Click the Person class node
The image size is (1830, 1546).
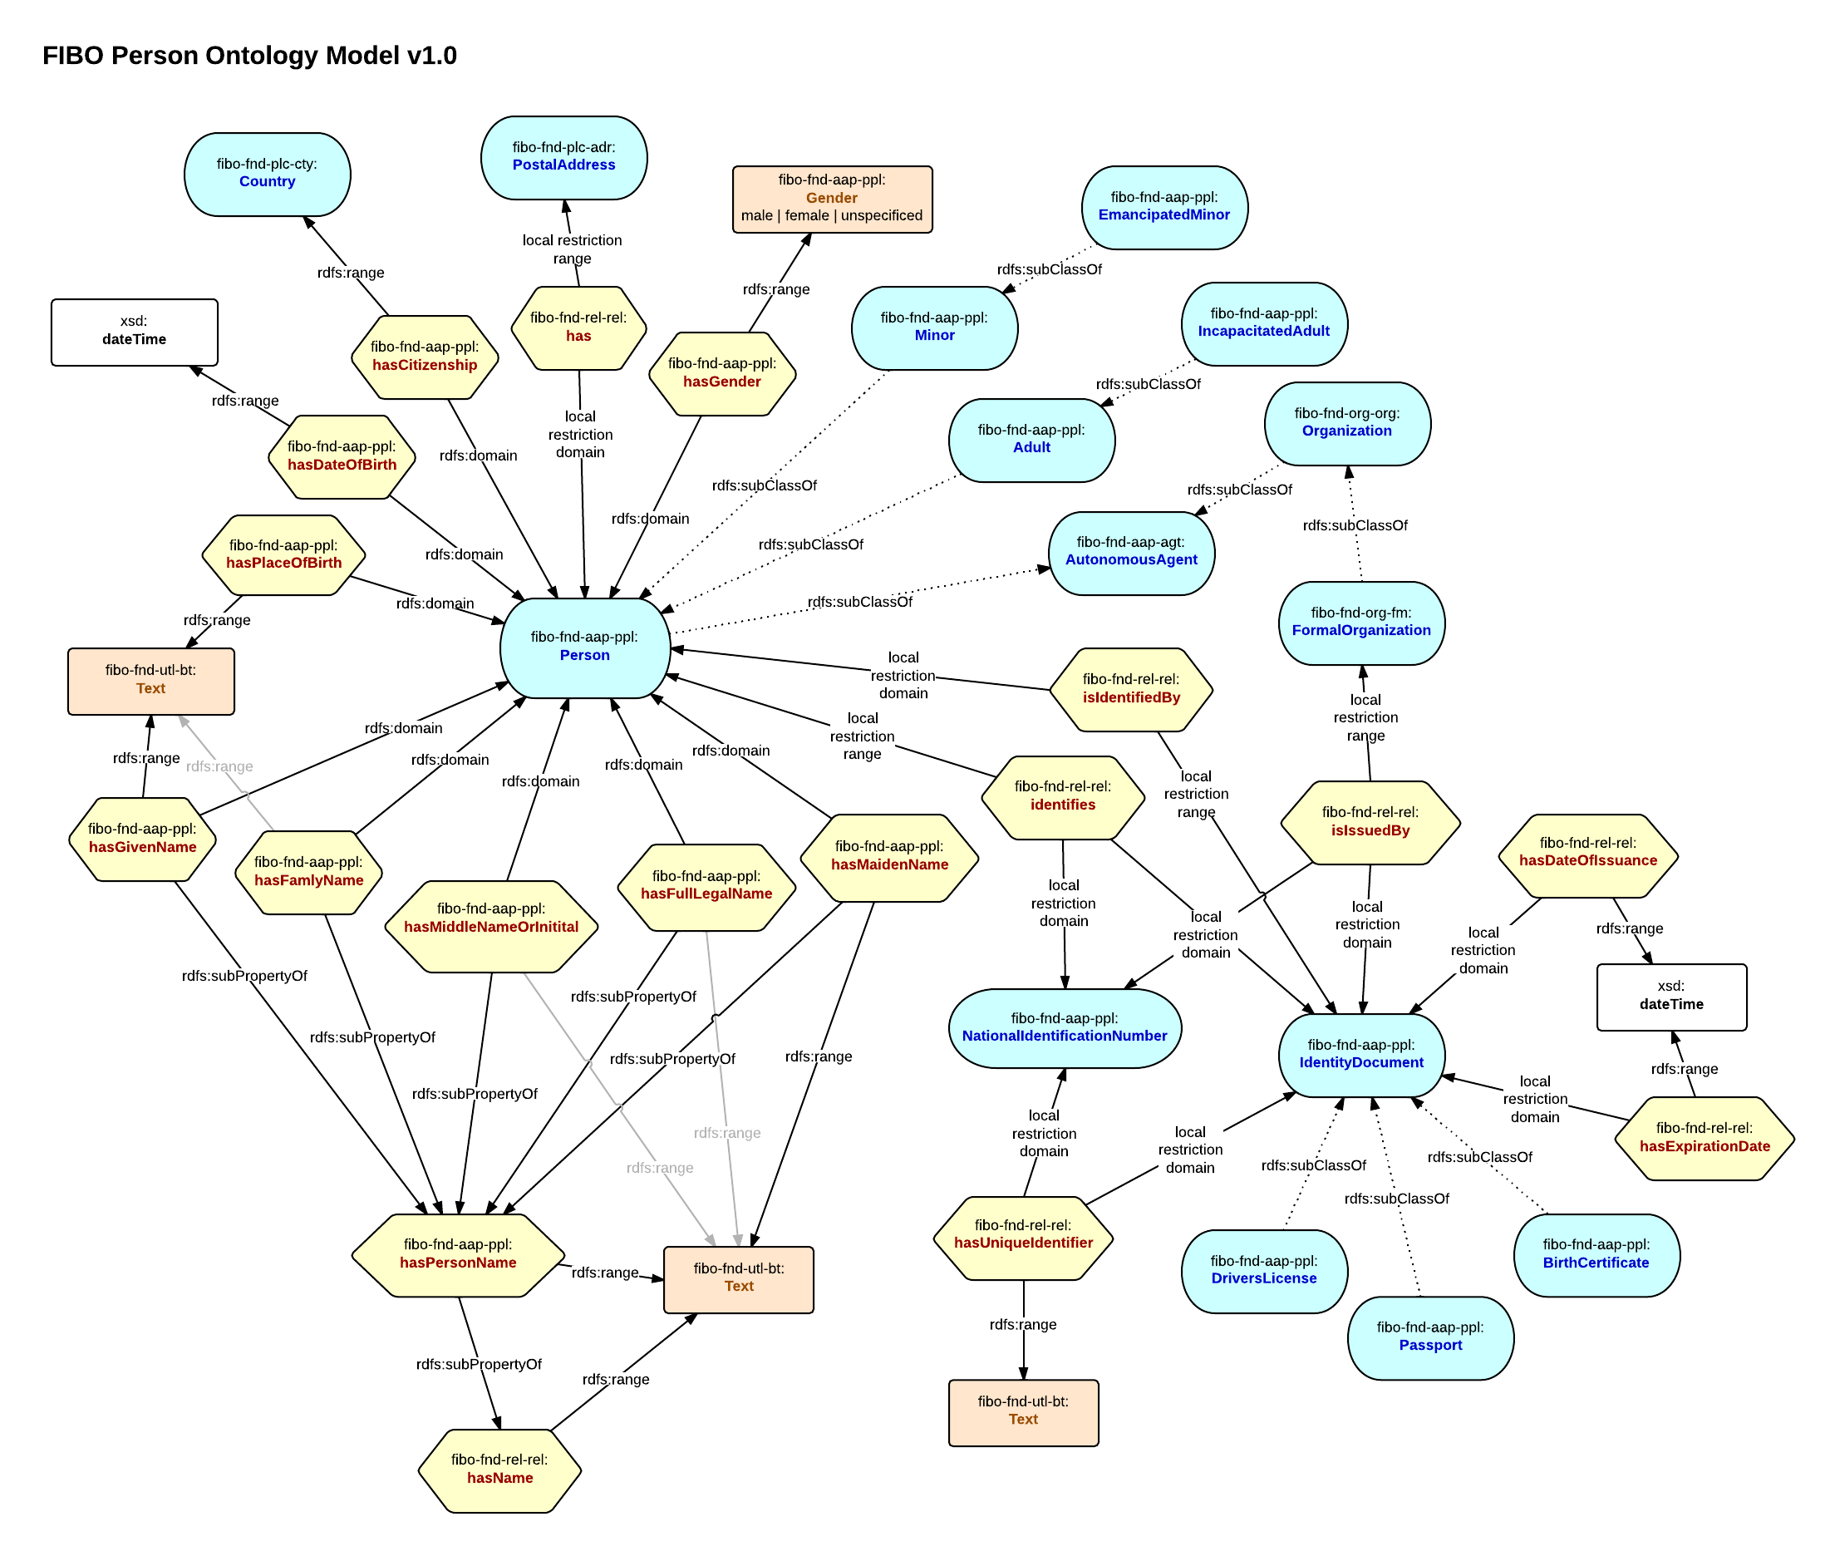(x=584, y=647)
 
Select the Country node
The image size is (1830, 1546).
(x=268, y=174)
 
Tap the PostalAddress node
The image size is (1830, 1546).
(x=563, y=157)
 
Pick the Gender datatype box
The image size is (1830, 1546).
(x=832, y=199)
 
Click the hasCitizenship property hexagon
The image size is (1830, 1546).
(x=425, y=357)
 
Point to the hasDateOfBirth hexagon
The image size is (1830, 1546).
(x=342, y=456)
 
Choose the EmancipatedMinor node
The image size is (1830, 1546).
(x=1164, y=207)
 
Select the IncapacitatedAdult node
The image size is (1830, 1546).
(x=1264, y=323)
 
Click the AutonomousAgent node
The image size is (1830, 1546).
(x=1131, y=552)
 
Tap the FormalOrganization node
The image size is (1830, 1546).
(x=1361, y=623)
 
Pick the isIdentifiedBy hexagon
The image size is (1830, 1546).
(x=1130, y=689)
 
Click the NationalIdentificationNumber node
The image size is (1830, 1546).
(x=1064, y=1028)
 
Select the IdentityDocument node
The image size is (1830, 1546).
(x=1361, y=1054)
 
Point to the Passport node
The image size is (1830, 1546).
(x=1430, y=1337)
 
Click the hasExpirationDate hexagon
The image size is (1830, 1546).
(x=1704, y=1138)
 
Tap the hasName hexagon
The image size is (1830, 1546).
(x=499, y=1470)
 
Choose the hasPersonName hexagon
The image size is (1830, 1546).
(x=457, y=1254)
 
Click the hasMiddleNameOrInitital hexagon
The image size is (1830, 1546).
(x=491, y=918)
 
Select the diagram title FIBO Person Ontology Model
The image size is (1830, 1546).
(x=249, y=55)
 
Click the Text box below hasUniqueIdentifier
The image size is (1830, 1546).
(x=1023, y=1411)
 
